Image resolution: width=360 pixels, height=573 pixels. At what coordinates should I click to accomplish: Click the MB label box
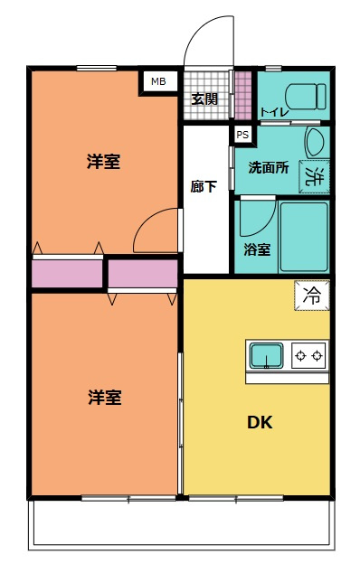(158, 81)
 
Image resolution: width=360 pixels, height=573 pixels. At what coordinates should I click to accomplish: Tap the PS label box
(242, 135)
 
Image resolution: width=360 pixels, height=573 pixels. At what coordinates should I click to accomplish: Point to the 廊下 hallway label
(204, 187)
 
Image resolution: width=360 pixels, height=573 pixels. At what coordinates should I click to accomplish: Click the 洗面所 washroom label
(268, 167)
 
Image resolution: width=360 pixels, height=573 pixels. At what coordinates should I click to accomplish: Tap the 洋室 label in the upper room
(104, 162)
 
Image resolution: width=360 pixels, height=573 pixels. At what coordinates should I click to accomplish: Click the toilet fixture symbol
(305, 95)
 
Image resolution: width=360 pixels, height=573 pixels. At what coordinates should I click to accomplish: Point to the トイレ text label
(271, 112)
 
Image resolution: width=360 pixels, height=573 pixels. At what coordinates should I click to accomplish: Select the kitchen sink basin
(266, 356)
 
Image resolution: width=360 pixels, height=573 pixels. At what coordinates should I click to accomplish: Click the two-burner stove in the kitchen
(308, 356)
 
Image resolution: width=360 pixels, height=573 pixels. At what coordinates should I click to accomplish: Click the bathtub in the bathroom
(303, 237)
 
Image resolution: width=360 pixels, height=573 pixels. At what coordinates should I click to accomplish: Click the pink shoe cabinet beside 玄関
(242, 93)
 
